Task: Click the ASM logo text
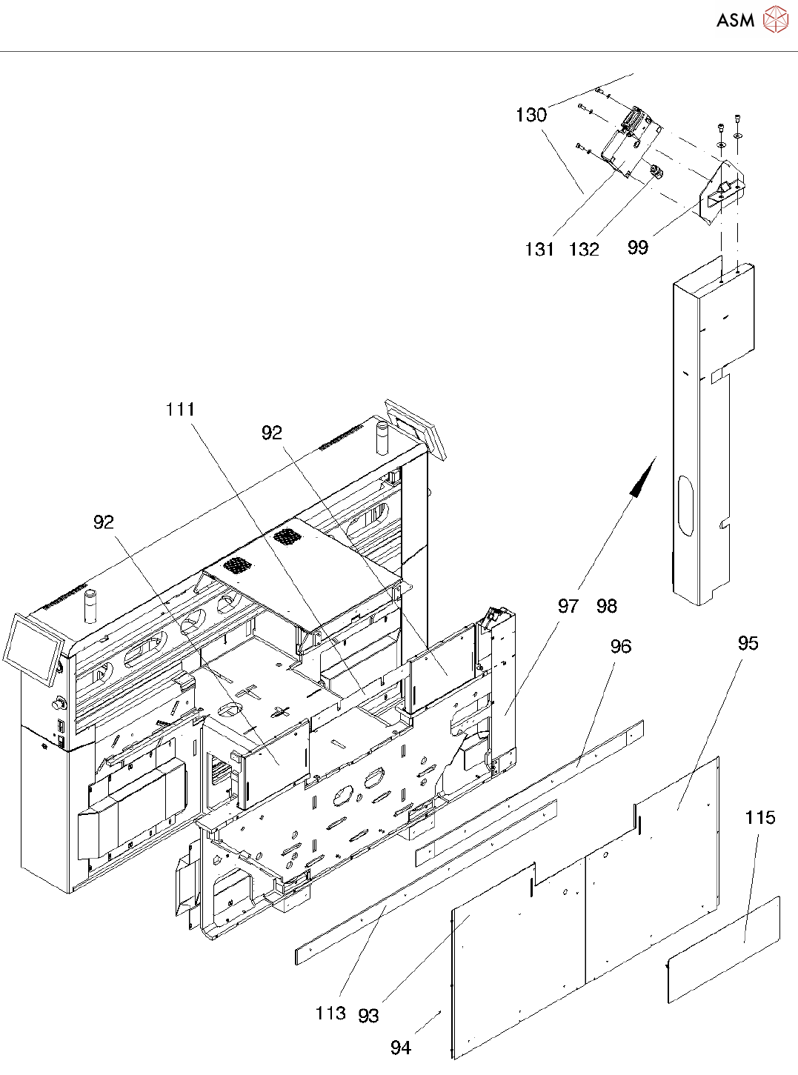(x=736, y=20)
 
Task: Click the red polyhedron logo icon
(x=775, y=19)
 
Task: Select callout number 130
(x=531, y=116)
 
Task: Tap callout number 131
(x=539, y=249)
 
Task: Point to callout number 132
(x=584, y=249)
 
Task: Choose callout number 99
(x=637, y=247)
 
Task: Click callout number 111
(x=180, y=410)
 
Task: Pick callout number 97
(x=568, y=606)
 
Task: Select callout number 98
(x=607, y=606)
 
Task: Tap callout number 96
(x=621, y=646)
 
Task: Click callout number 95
(x=748, y=643)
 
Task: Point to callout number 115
(x=760, y=818)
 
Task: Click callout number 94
(x=401, y=1048)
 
